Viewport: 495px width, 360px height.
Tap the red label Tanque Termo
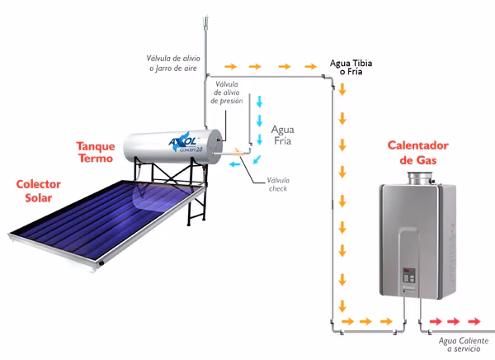(95, 151)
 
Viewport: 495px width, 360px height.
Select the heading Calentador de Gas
(417, 153)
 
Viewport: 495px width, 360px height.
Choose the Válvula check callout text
(278, 185)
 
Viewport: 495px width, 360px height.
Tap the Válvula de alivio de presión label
(227, 92)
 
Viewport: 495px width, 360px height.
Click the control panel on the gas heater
(408, 277)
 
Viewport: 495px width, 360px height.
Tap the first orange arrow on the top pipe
(231, 66)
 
